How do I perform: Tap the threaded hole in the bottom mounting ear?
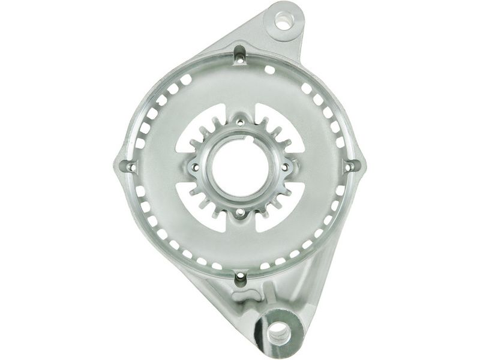tap(278, 329)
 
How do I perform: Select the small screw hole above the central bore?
tap(240, 124)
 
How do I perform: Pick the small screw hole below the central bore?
tap(240, 212)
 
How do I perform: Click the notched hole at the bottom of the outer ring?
tap(240, 277)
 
